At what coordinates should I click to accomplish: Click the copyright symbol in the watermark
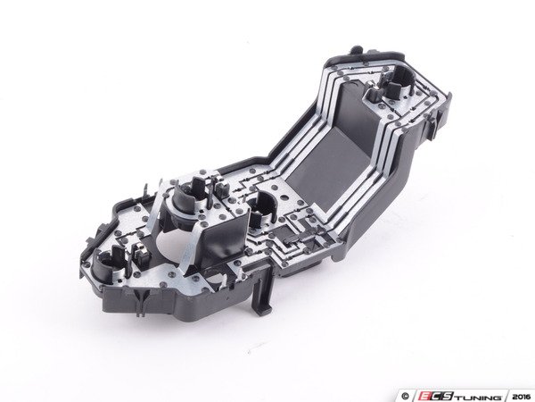406,397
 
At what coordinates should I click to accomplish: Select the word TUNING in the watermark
478,397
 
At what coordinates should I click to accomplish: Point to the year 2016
519,397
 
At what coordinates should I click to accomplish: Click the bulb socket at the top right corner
399,81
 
